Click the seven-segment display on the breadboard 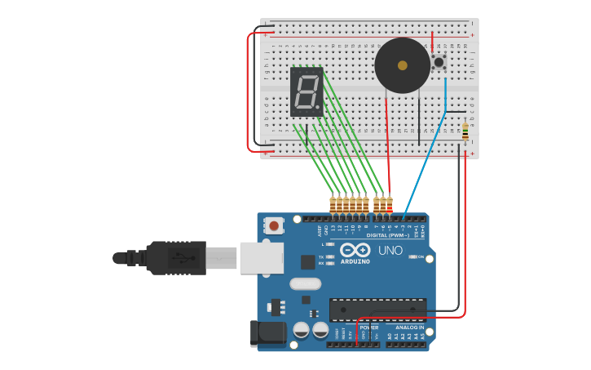(307, 91)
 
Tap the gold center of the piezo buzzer (402, 65)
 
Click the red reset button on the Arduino (275, 225)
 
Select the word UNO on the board (390, 250)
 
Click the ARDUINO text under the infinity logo (355, 261)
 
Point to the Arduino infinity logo (355, 250)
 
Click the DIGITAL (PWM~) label (387, 235)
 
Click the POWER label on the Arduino (368, 328)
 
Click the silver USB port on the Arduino (261, 257)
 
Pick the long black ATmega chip (377, 310)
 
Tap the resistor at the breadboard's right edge (465, 132)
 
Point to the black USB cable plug (175, 257)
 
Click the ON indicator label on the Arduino (421, 256)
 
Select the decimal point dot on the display (317, 107)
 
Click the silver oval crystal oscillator (305, 284)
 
